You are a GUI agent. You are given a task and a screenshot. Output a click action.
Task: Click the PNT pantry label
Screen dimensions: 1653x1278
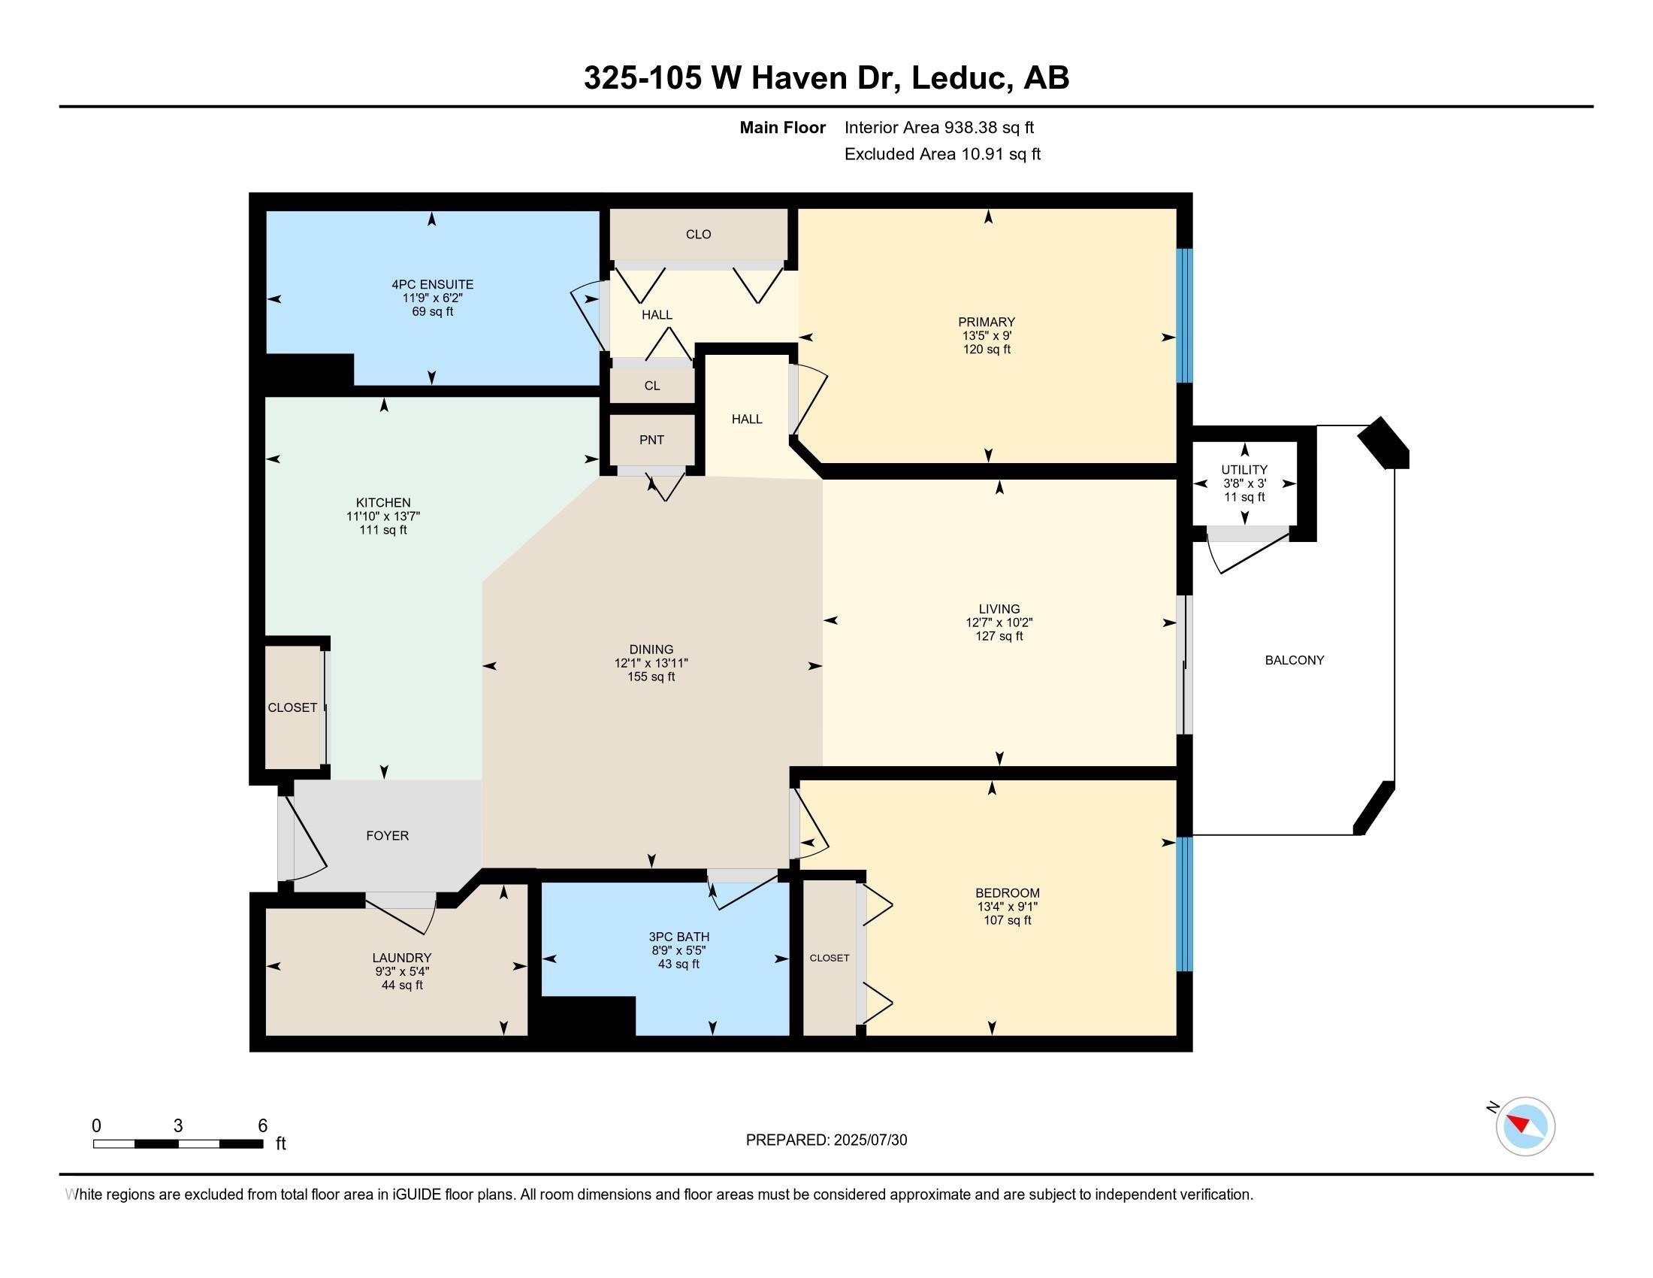[651, 440]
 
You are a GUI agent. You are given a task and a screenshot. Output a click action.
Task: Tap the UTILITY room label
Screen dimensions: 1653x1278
[1244, 470]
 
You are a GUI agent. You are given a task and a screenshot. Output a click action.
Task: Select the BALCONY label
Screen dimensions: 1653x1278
[1295, 660]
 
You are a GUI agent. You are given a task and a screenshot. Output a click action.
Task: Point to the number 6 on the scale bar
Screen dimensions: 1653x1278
[263, 1126]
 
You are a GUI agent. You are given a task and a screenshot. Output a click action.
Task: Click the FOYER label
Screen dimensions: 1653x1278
[388, 836]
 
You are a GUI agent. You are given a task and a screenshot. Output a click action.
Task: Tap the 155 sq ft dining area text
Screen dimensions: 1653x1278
[651, 677]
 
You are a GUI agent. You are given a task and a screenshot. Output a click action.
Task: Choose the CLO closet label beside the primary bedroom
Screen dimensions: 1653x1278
[699, 235]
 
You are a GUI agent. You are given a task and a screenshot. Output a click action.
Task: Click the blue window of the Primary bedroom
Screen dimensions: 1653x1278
[1185, 316]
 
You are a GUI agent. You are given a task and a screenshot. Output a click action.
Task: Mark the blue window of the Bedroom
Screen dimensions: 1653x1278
[1185, 904]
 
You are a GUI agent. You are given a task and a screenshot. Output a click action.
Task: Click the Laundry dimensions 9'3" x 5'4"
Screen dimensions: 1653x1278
[401, 971]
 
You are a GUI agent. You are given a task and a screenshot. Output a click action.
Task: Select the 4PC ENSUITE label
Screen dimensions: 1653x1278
[432, 285]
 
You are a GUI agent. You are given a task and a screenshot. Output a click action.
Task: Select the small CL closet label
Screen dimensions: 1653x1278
[652, 386]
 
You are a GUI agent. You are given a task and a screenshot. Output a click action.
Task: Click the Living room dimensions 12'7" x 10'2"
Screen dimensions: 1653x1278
[999, 622]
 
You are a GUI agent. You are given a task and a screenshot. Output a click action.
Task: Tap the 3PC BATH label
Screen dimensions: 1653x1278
[679, 937]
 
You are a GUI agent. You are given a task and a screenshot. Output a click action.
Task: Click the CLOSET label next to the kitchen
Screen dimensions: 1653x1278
[292, 708]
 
